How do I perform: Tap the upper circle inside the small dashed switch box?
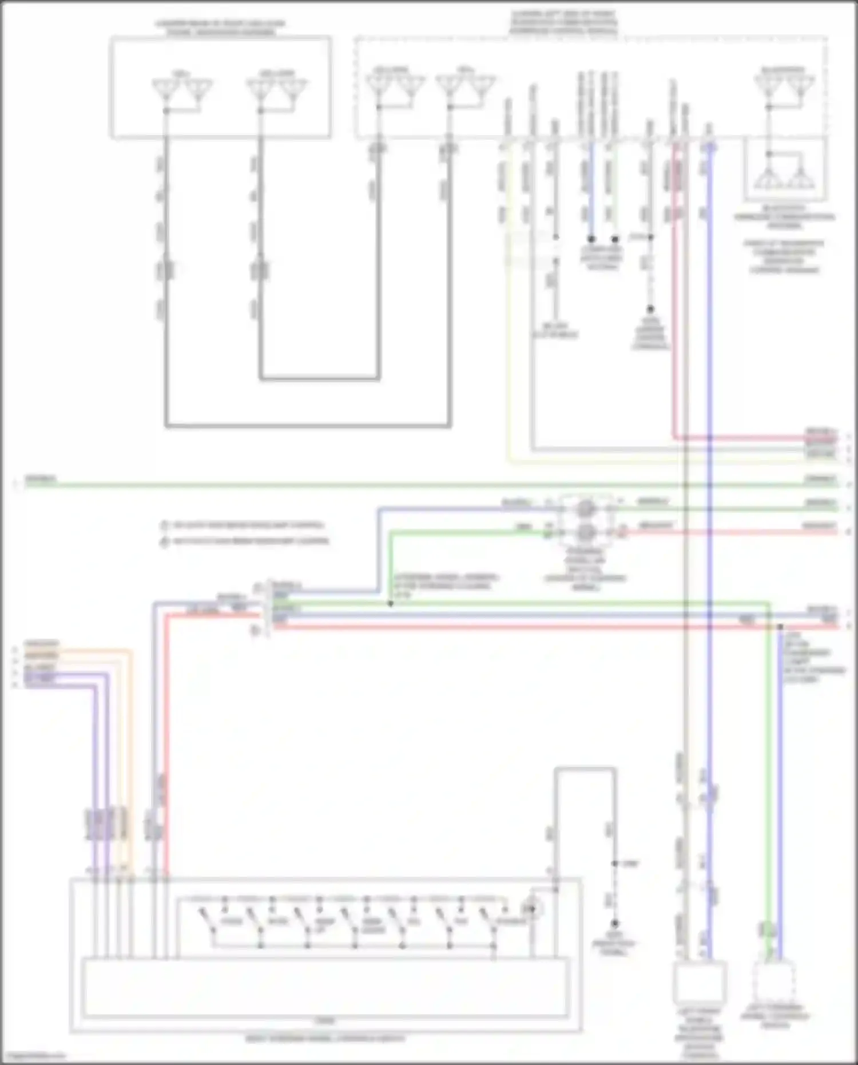coord(585,509)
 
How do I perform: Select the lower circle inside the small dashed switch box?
coord(585,533)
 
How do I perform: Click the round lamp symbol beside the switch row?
coord(532,908)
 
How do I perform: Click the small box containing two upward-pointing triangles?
coord(785,170)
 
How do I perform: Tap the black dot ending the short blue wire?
coord(591,238)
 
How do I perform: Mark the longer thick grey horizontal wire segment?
coord(308,426)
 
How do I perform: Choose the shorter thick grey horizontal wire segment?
coord(319,378)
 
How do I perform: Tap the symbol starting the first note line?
coord(164,525)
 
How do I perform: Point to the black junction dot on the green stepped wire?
coord(391,603)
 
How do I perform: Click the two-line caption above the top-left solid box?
coord(220,27)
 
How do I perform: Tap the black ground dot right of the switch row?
coord(615,924)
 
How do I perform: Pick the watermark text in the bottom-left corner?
coord(33,1056)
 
